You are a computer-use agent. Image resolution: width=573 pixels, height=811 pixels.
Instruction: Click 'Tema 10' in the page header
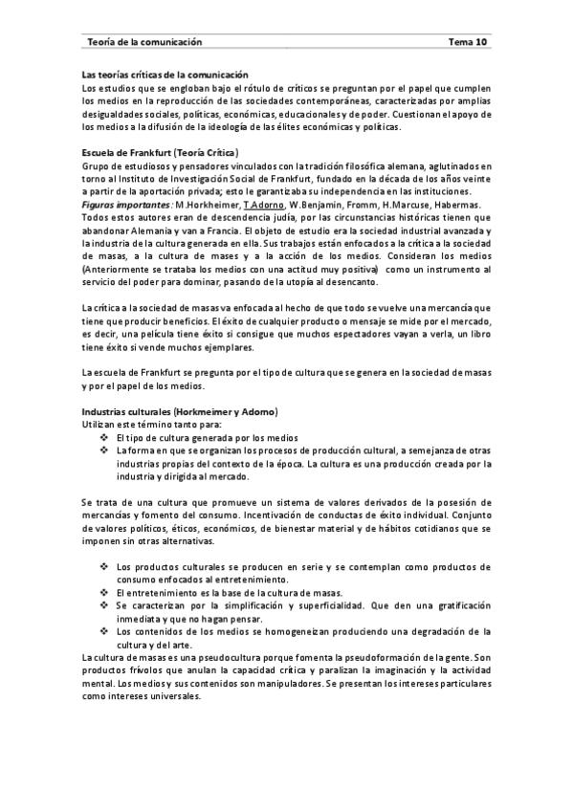(x=468, y=42)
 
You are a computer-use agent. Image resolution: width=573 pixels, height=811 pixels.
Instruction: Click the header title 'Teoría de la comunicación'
(x=144, y=42)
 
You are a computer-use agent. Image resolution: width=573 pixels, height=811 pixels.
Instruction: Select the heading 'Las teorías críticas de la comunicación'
(x=165, y=75)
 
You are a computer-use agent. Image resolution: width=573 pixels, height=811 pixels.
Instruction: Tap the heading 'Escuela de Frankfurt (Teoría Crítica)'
(x=161, y=152)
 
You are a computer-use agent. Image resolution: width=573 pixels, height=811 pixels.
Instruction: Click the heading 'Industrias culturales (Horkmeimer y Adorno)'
(x=180, y=410)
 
